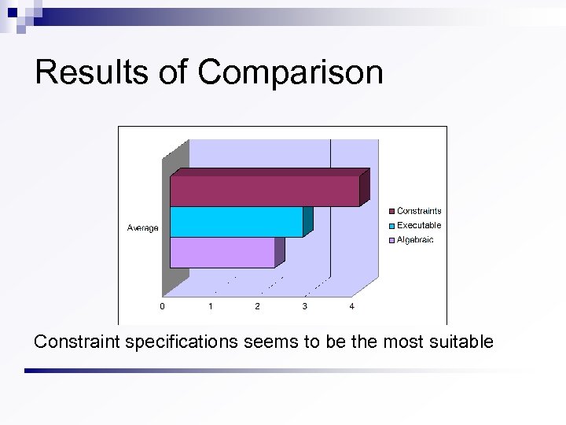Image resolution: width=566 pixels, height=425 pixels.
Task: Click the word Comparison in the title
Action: (x=290, y=72)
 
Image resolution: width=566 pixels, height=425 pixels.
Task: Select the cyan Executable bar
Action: (x=236, y=222)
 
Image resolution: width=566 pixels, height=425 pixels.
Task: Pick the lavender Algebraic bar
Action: (x=222, y=253)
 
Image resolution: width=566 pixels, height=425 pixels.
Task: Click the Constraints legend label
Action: (x=419, y=211)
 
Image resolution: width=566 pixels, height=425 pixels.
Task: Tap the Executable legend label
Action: (x=419, y=225)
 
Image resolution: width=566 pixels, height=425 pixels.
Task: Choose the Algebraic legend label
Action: (x=415, y=240)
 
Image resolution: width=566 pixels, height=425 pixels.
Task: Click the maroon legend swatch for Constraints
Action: (x=391, y=211)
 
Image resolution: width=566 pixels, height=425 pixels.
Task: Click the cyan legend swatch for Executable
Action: (x=391, y=226)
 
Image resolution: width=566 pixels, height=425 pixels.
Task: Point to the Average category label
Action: (x=142, y=228)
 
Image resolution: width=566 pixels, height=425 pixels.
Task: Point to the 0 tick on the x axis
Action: (x=163, y=306)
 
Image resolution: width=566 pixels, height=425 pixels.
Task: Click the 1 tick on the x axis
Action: (x=210, y=306)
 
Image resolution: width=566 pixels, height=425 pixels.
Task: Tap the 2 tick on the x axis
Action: (x=257, y=306)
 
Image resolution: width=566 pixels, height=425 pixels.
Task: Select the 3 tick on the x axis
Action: (x=304, y=306)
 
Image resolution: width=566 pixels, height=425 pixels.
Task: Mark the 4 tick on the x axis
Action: (x=351, y=306)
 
